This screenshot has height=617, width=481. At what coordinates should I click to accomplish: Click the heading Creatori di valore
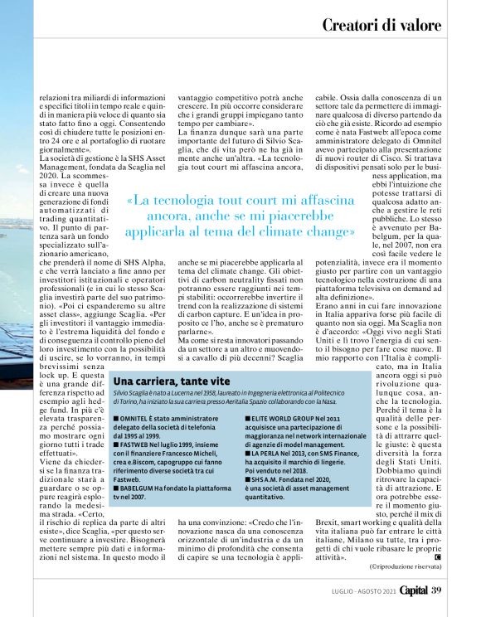[x=381, y=25]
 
